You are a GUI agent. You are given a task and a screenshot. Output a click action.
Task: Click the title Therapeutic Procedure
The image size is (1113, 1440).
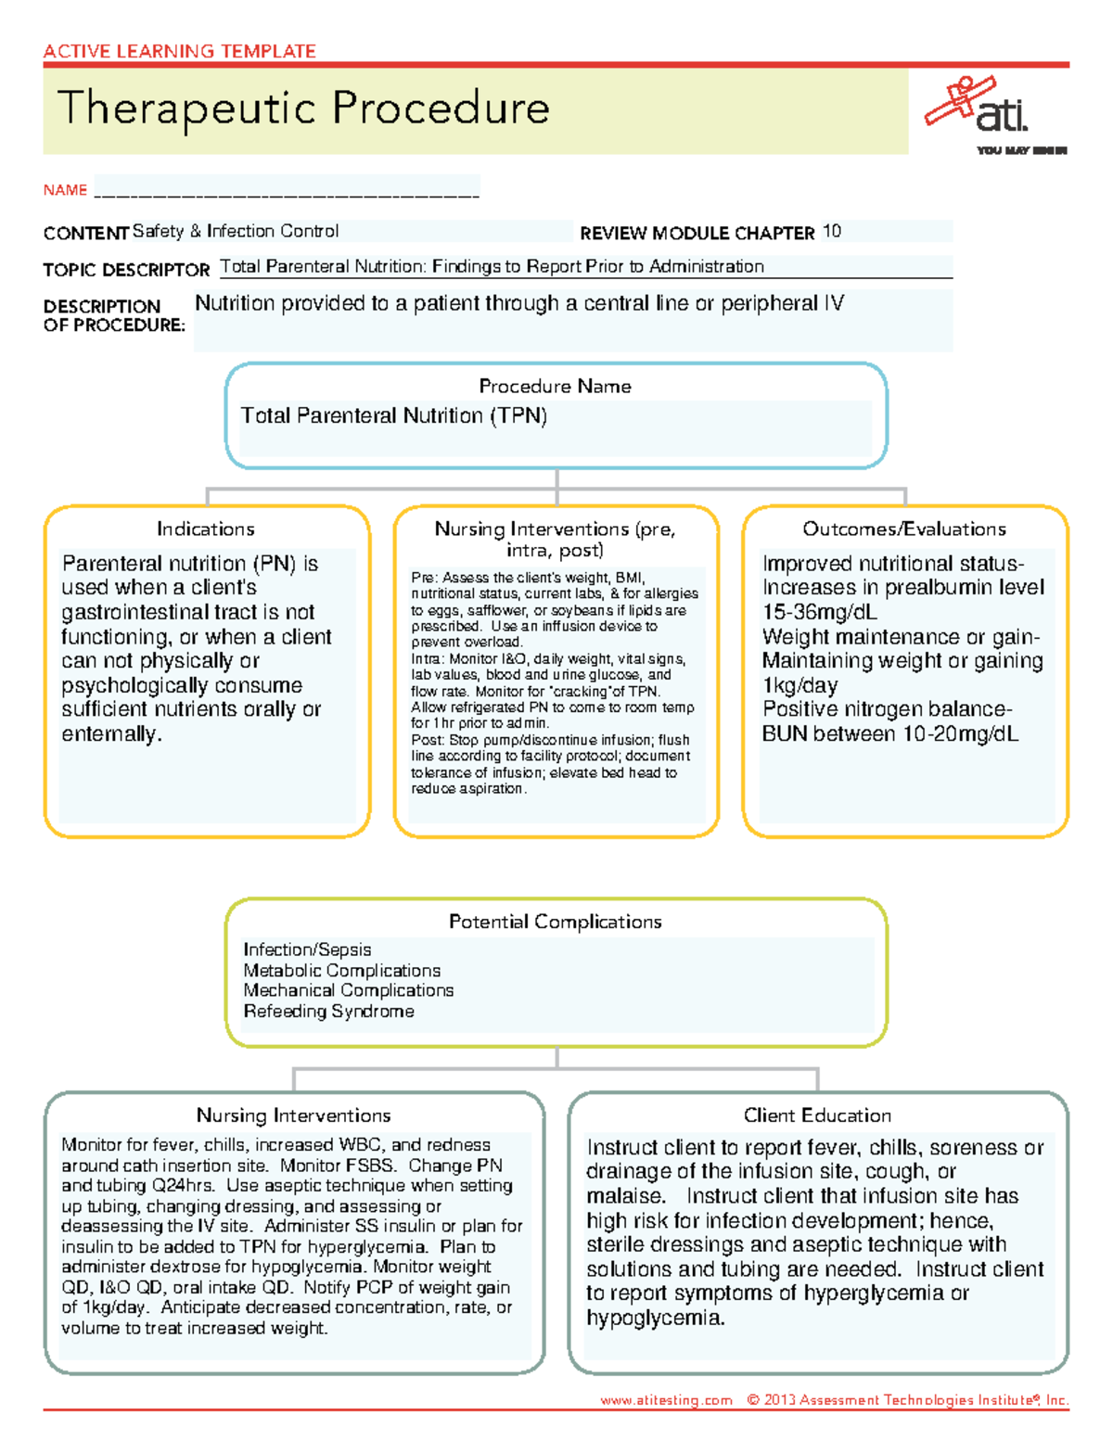(x=303, y=108)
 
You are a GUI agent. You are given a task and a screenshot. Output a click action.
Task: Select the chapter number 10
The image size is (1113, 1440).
(x=831, y=232)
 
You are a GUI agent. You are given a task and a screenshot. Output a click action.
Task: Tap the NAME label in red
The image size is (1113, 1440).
(x=65, y=190)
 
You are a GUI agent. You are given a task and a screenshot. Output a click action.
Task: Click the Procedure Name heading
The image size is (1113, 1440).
(x=555, y=387)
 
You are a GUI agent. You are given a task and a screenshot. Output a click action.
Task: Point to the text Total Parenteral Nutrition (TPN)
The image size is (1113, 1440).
(x=393, y=416)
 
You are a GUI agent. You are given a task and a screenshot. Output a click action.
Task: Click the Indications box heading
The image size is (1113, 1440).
(x=205, y=529)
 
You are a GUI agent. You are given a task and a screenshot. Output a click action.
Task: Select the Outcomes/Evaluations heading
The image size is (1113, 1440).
(x=903, y=529)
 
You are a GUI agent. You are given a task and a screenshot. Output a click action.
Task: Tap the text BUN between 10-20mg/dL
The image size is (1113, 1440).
(x=889, y=734)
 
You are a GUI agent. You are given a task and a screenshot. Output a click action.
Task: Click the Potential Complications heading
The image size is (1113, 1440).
(x=555, y=922)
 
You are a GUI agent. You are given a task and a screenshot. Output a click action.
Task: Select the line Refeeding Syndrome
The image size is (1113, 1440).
(x=328, y=1012)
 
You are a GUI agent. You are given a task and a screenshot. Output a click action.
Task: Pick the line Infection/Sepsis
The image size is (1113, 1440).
(x=307, y=950)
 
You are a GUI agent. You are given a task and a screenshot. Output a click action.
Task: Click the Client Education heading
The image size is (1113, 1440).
(x=817, y=1115)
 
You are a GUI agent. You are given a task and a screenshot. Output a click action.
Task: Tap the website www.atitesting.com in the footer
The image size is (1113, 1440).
(x=665, y=1400)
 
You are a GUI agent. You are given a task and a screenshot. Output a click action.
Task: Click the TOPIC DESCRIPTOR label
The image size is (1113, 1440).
(x=126, y=270)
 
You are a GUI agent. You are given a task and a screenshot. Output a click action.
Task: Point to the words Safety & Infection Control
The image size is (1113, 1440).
(x=236, y=231)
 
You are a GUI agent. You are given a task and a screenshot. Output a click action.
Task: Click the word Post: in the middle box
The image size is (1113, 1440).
(x=428, y=740)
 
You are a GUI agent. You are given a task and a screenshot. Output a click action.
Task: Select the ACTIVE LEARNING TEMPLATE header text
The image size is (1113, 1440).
(x=179, y=51)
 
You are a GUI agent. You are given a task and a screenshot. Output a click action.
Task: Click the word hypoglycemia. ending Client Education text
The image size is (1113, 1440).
(x=655, y=1318)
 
